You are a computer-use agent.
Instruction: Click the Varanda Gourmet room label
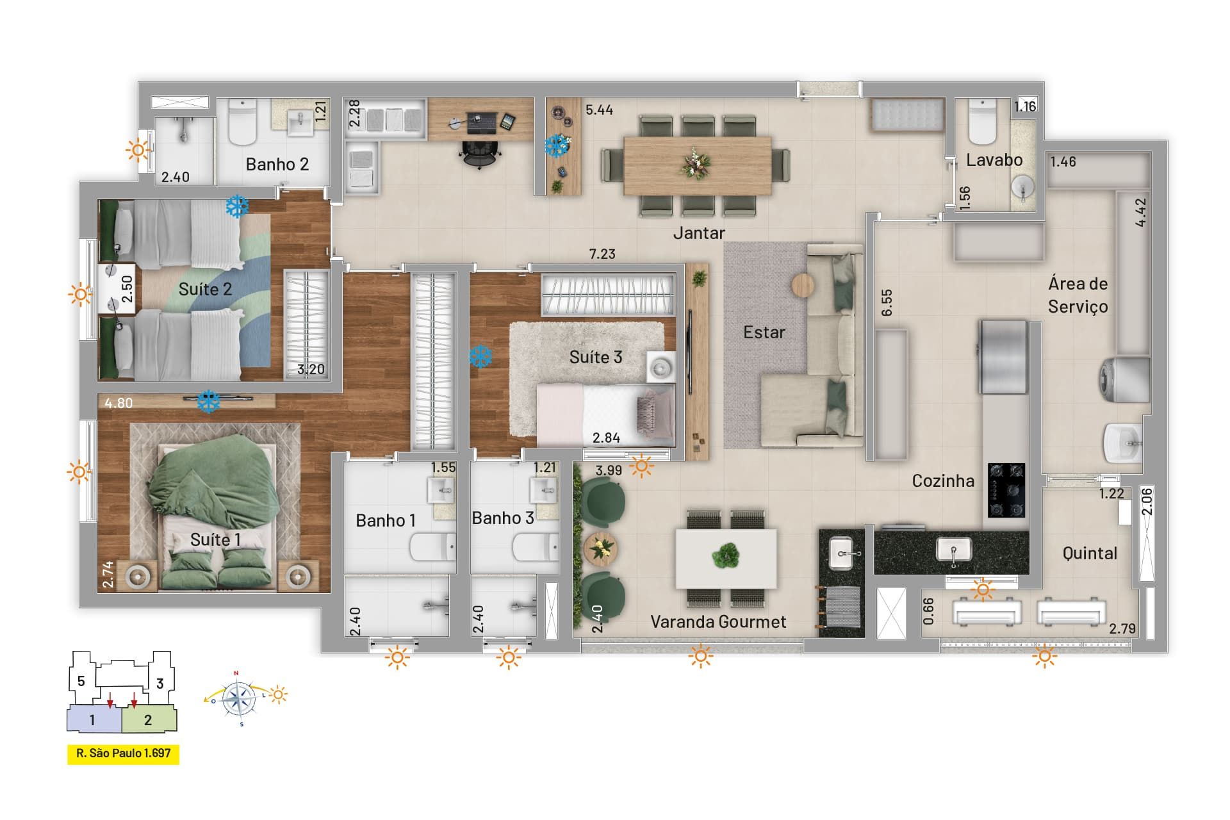tap(718, 621)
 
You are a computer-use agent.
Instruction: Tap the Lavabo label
tap(994, 160)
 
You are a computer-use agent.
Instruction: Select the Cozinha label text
tap(943, 480)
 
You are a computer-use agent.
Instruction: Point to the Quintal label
tap(1090, 553)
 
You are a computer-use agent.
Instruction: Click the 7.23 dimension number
tap(602, 254)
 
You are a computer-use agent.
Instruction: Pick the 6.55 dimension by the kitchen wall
tap(887, 302)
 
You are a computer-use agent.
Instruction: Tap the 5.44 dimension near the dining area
tap(599, 110)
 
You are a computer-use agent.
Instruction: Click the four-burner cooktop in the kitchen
tap(1006, 490)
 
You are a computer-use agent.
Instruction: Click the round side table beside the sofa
tap(803, 285)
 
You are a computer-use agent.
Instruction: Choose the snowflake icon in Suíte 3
tap(480, 356)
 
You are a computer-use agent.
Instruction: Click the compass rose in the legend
tap(240, 698)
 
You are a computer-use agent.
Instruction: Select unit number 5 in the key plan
tap(81, 681)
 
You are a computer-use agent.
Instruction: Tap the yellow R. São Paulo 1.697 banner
tap(124, 754)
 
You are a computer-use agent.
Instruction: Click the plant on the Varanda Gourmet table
tap(726, 555)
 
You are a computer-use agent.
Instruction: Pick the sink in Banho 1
tap(441, 492)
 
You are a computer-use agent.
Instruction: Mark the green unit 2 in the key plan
tap(149, 719)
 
